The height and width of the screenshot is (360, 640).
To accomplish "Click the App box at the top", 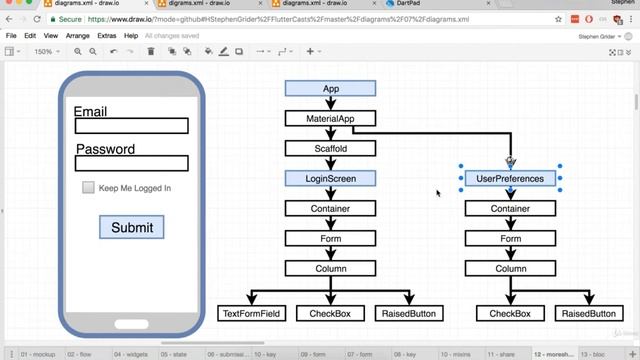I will [330, 89].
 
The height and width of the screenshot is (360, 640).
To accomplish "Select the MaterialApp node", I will [330, 119].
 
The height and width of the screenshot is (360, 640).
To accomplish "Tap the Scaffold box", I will [330, 149].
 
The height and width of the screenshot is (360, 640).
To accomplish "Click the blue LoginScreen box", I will [330, 179].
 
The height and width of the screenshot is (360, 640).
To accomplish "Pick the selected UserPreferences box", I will [510, 179].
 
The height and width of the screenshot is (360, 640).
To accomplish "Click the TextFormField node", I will [251, 314].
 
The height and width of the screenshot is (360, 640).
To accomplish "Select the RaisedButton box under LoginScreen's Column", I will [409, 314].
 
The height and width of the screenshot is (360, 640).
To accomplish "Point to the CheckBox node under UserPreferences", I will [510, 314].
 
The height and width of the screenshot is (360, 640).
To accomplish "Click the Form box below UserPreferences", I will [510, 239].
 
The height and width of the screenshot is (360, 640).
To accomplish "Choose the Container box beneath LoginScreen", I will [330, 209].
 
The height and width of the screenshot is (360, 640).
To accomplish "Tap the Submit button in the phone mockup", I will [131, 227].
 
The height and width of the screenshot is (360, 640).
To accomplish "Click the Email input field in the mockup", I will [131, 126].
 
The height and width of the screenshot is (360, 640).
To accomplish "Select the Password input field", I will [131, 163].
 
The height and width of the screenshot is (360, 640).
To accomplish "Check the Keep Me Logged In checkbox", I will [88, 188].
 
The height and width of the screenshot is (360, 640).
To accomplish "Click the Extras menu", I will [107, 35].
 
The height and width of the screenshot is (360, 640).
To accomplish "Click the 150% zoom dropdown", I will [45, 51].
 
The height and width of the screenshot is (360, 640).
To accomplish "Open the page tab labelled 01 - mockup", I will [37, 354].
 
